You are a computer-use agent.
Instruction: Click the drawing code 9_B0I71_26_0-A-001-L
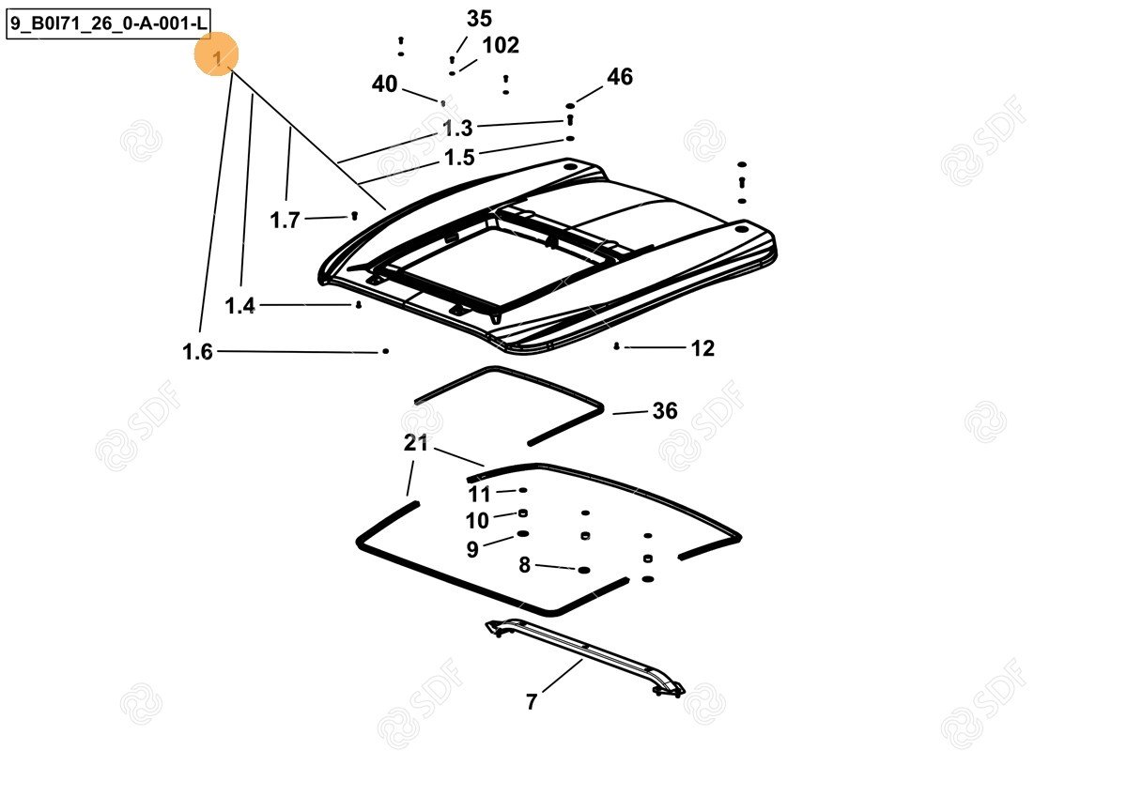coord(108,23)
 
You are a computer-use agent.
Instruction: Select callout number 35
coord(479,19)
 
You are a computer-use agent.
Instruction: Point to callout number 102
coord(501,45)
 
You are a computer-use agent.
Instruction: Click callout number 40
coord(384,84)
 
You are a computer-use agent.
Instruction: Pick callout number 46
coord(620,77)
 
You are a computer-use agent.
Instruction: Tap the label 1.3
coord(457,129)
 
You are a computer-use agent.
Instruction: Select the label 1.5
coord(459,158)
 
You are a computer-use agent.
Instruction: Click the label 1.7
coord(285,221)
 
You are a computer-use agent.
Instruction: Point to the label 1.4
coord(239,306)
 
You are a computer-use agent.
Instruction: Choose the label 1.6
coord(197,351)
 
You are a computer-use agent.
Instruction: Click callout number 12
coord(702,348)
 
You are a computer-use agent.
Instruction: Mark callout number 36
coord(665,411)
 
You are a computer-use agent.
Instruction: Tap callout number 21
coord(415,443)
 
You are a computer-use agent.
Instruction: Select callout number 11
coord(479,495)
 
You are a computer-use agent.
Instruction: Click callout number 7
coord(532,701)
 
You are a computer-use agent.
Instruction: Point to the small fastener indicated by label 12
coord(616,346)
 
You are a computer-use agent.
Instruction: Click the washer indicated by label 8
coord(583,570)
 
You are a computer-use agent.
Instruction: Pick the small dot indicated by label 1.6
coord(385,351)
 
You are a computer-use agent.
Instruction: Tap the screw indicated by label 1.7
coord(354,216)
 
